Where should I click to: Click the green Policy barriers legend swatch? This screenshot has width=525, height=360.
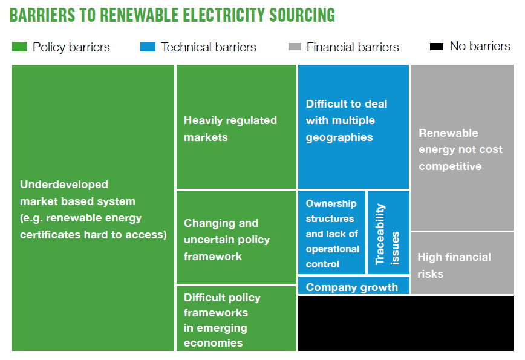pos(19,47)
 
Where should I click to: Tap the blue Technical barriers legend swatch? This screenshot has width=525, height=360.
pos(148,47)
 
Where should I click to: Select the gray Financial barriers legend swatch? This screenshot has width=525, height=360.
pos(295,47)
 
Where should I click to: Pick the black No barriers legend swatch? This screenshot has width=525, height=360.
pos(437,46)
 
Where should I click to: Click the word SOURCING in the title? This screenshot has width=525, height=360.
pos(302,15)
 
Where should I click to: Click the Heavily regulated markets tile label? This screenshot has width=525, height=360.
pos(230,129)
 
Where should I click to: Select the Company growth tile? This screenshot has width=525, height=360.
pos(354,286)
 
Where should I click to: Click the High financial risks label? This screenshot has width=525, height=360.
pos(454,265)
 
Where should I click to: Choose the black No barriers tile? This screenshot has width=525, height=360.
pos(405,323)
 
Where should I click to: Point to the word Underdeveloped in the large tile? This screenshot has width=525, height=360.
pos(64,185)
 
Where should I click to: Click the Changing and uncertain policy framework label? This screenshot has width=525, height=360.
pos(227,240)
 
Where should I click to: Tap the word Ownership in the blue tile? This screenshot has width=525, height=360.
pos(331,204)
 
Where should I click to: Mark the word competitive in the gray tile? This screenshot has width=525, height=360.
pos(450,166)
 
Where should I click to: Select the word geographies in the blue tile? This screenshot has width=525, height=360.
pos(339,137)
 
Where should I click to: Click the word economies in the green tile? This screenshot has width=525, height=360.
pos(214,343)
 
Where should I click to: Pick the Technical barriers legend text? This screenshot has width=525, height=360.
pos(208,47)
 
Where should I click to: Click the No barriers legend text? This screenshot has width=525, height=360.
pos(480,46)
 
